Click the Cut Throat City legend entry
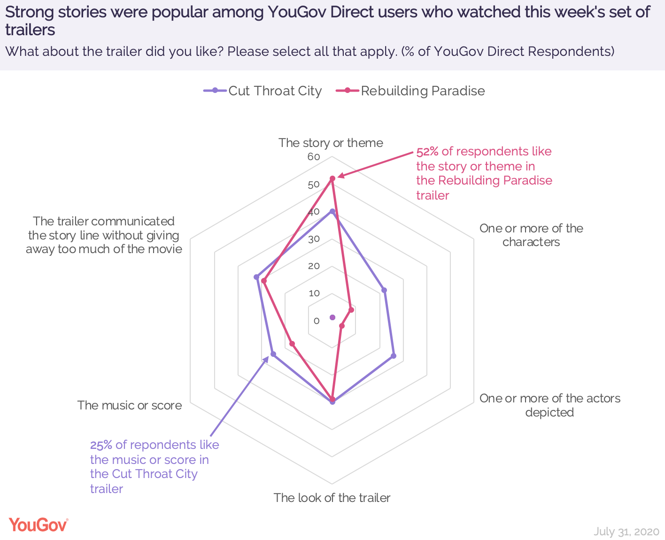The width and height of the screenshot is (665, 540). coord(263,91)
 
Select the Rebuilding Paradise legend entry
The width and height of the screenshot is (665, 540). coord(411,91)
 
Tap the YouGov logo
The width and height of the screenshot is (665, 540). coord(39,525)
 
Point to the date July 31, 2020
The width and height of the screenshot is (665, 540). coord(626,531)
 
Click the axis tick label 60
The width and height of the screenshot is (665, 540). coord(313,157)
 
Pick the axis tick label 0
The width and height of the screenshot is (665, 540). coord(316,321)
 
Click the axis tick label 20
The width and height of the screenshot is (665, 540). coord(313,266)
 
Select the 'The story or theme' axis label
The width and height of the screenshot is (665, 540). coord(331,142)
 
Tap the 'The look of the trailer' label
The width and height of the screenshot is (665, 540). coord(332,498)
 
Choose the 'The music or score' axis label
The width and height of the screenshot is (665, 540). coord(130,405)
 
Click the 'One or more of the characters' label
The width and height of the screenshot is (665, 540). coord(531,235)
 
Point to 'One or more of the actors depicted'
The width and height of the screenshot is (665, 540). coord(549,405)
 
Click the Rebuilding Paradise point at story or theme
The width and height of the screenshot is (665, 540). coord(332,178)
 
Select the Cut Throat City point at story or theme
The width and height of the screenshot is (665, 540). coord(332,211)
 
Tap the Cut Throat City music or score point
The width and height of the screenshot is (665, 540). coord(273,354)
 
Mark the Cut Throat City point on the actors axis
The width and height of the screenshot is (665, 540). coord(394,355)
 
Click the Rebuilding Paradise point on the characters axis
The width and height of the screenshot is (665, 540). coord(351,310)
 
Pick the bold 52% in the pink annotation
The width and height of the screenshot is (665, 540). coord(427,151)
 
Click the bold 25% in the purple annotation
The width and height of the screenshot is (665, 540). coord(101,445)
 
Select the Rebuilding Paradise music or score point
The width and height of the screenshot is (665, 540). coord(292,344)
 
